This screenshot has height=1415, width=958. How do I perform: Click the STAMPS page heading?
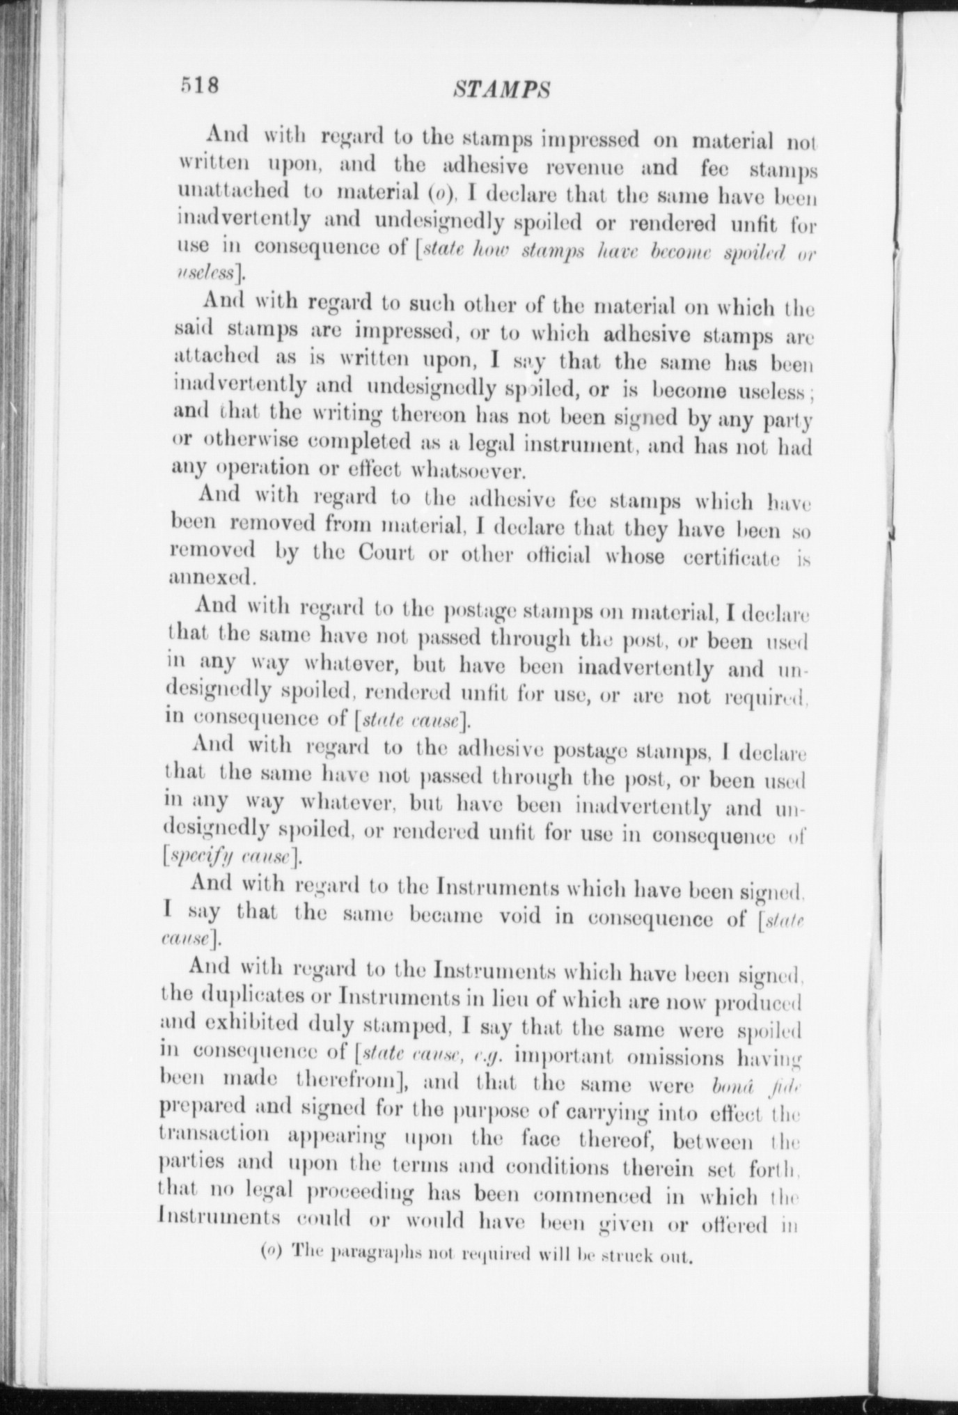coord(501,89)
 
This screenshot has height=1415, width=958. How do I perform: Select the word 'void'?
coord(522,916)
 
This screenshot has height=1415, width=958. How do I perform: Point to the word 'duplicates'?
coord(251,996)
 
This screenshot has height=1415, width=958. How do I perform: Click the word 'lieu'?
coord(514,999)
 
